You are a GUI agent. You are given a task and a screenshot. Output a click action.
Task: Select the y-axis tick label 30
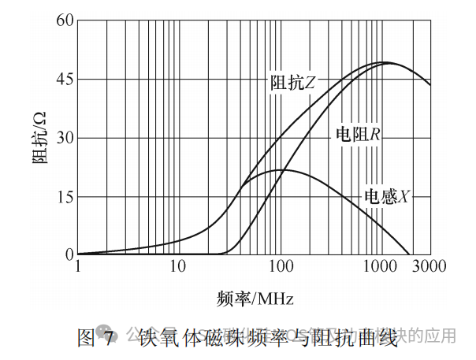pos(64,138)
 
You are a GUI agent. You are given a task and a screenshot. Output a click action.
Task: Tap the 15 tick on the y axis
pos(64,197)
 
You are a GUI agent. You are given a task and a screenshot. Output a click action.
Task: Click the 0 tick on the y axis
pos(69,255)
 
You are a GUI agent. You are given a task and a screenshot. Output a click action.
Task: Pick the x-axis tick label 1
pos(78,268)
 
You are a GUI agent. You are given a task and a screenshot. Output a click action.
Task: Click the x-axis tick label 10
pos(178,268)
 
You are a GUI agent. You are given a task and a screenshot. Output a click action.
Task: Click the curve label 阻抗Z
pos(293,82)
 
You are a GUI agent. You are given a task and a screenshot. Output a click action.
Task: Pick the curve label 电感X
pos(385,195)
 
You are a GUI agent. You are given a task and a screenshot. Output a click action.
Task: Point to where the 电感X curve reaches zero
pos(409,254)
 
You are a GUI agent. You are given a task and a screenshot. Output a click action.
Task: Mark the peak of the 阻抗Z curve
pos(385,61)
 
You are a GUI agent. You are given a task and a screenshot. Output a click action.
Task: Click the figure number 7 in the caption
pos(110,337)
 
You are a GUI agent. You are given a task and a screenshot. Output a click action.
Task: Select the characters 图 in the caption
pos(86,337)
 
